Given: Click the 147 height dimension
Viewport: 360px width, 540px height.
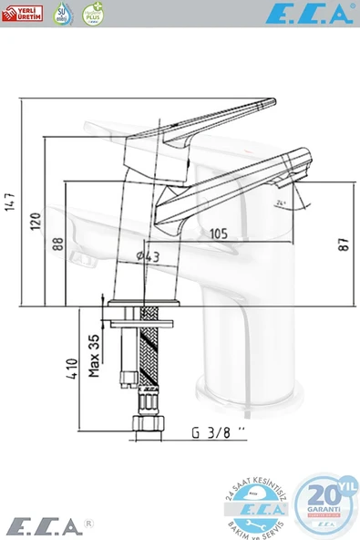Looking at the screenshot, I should tap(12, 201).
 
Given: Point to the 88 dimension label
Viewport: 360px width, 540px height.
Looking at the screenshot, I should tap(57, 244).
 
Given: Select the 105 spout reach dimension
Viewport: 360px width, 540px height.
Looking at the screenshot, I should tap(217, 234).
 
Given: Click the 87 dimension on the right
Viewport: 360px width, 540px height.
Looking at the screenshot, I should tap(343, 244).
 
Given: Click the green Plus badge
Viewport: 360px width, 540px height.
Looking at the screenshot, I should tap(92, 13).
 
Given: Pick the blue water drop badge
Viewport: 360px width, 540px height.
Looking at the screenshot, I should tap(62, 13).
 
